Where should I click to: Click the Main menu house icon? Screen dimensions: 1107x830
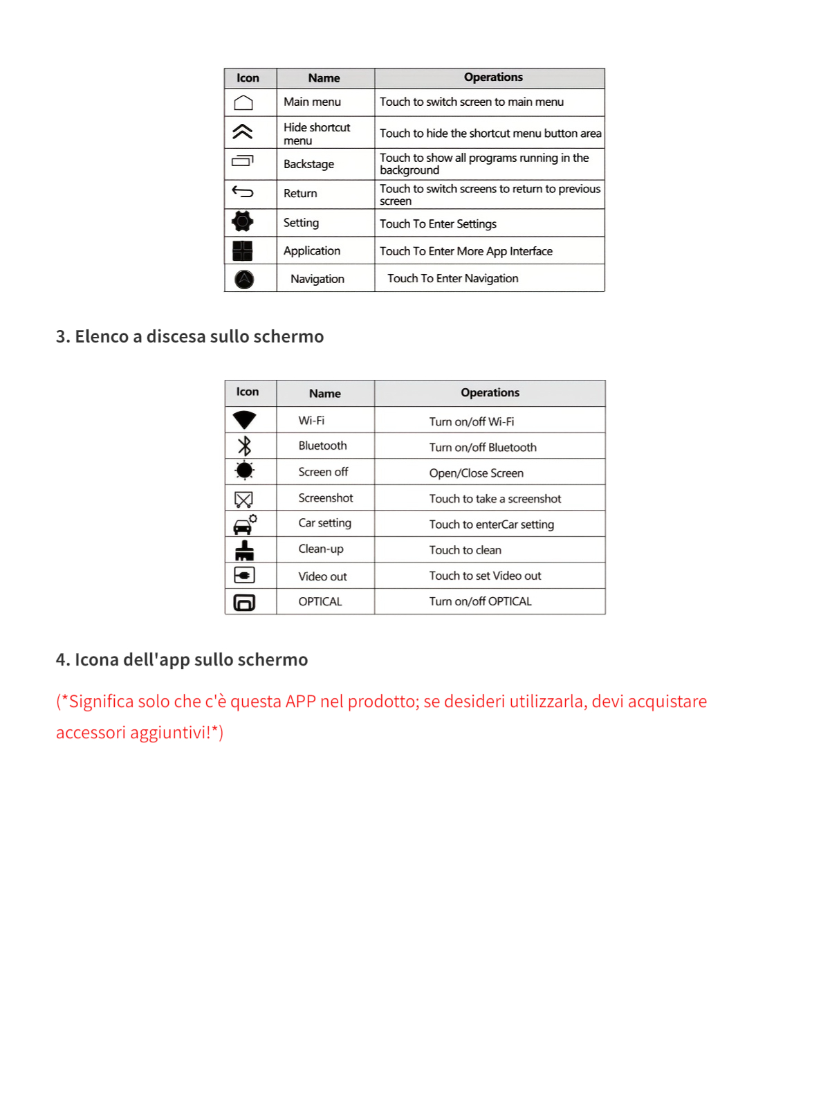(243, 103)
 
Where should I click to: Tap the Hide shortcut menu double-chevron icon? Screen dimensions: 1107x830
(243, 131)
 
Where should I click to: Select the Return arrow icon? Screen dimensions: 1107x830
(243, 192)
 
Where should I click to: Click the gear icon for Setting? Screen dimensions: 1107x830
(243, 221)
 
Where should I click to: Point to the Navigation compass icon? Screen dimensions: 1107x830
(244, 279)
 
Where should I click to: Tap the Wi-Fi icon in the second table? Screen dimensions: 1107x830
(244, 420)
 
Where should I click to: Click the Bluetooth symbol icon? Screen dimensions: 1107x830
(244, 446)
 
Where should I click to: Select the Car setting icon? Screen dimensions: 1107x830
(244, 524)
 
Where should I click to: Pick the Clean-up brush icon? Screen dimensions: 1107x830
(244, 550)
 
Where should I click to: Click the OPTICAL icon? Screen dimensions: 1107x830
(244, 602)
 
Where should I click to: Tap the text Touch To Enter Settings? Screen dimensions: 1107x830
(438, 223)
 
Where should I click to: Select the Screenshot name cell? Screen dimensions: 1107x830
(326, 497)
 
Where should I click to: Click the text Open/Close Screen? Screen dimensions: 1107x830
(476, 473)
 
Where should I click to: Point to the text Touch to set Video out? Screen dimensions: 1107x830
(485, 576)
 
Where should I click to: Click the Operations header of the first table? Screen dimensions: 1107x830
(493, 77)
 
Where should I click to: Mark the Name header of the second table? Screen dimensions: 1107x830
(325, 394)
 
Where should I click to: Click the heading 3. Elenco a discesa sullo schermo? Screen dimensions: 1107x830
(190, 337)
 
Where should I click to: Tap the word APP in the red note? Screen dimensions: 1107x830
(300, 702)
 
